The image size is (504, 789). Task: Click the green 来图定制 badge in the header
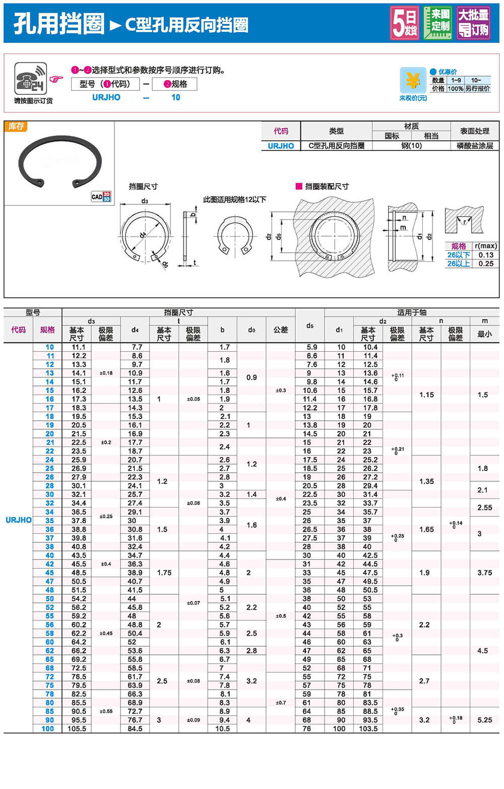click(437, 23)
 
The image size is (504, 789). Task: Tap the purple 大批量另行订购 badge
click(473, 23)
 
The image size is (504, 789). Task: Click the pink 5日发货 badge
click(405, 23)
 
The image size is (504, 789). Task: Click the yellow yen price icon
click(413, 80)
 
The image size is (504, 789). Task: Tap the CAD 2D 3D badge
click(101, 196)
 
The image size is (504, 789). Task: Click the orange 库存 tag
click(16, 126)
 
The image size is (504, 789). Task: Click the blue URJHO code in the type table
click(281, 146)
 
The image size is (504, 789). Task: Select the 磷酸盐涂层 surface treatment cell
click(474, 146)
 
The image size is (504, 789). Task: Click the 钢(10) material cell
click(411, 146)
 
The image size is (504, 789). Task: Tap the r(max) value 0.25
click(486, 263)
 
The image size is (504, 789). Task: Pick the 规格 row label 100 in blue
click(47, 728)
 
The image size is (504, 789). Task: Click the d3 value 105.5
click(77, 728)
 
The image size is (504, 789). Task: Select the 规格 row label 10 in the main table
click(49, 347)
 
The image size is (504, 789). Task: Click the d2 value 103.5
click(368, 728)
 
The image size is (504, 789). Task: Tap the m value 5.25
click(484, 720)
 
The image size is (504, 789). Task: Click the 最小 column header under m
click(484, 333)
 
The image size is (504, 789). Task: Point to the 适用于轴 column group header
click(411, 312)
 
